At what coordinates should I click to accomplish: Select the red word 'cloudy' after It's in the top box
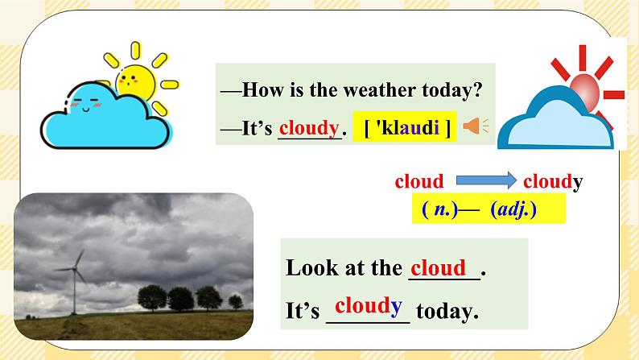coord(308,127)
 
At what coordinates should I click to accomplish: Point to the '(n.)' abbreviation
coord(439,210)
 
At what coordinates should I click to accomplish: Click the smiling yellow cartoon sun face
coord(133,80)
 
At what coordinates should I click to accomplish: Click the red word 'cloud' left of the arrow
coord(419,182)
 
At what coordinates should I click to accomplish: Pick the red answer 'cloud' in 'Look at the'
coord(437,267)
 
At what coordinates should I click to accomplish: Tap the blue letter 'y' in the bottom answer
coord(396,306)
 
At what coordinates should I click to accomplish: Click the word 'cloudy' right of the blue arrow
coord(552,182)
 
